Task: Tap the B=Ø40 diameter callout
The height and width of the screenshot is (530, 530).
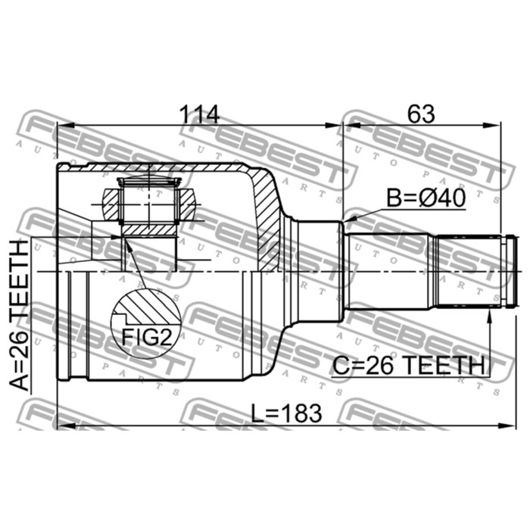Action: (426, 198)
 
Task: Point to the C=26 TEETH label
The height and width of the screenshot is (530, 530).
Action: (408, 366)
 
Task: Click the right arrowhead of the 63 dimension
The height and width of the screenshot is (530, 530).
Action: (496, 126)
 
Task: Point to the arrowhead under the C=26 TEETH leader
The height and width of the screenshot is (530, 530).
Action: (491, 303)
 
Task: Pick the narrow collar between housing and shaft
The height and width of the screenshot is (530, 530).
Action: (318, 270)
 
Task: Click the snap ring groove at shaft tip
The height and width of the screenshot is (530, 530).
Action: (509, 270)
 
